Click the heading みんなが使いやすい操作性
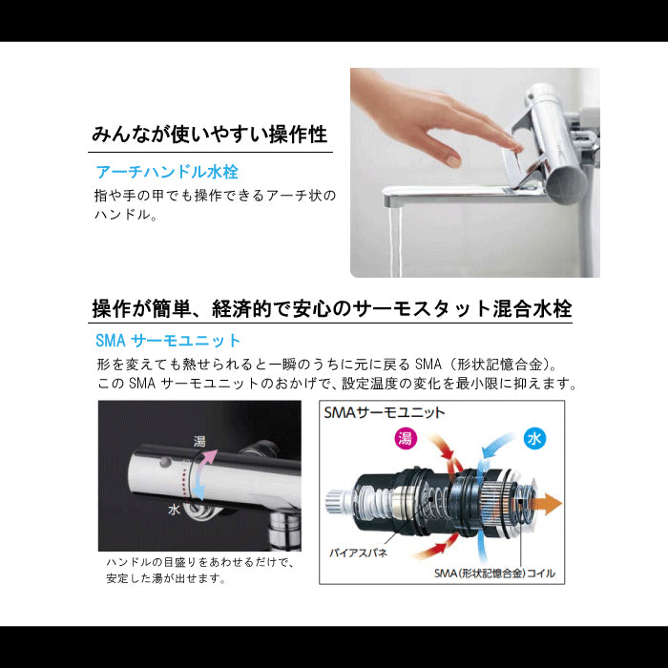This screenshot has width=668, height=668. click(210, 135)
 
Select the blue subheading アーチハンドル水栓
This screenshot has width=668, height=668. click(167, 172)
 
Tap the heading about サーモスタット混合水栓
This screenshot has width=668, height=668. click(331, 308)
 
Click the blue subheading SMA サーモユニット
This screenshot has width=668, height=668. click(168, 341)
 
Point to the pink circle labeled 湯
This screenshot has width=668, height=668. click(405, 437)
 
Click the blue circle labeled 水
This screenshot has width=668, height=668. click(534, 438)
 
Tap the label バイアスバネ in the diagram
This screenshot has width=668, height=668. click(358, 553)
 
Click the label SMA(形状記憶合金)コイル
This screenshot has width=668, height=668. click(494, 573)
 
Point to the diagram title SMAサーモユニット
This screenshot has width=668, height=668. click(384, 412)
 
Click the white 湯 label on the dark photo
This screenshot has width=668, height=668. click(199, 441)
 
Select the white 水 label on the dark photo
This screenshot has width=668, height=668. click(174, 510)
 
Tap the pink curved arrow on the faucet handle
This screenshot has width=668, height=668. click(207, 460)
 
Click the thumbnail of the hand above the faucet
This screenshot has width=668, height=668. click(475, 173)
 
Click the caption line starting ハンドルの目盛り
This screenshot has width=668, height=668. click(199, 562)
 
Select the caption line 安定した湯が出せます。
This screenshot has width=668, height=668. click(166, 578)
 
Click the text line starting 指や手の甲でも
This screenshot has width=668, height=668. click(215, 196)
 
